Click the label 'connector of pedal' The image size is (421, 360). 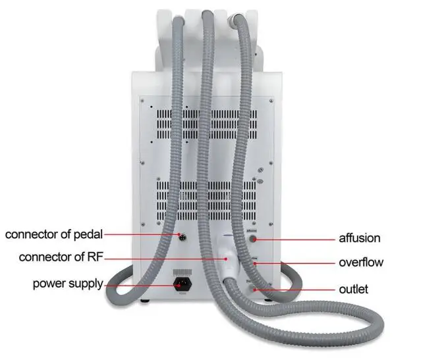pyautogui.click(x=54, y=234)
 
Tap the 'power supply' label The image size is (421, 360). pyautogui.click(x=68, y=284)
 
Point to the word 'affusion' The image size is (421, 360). pyautogui.click(x=359, y=238)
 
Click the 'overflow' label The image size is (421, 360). pyautogui.click(x=360, y=263)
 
